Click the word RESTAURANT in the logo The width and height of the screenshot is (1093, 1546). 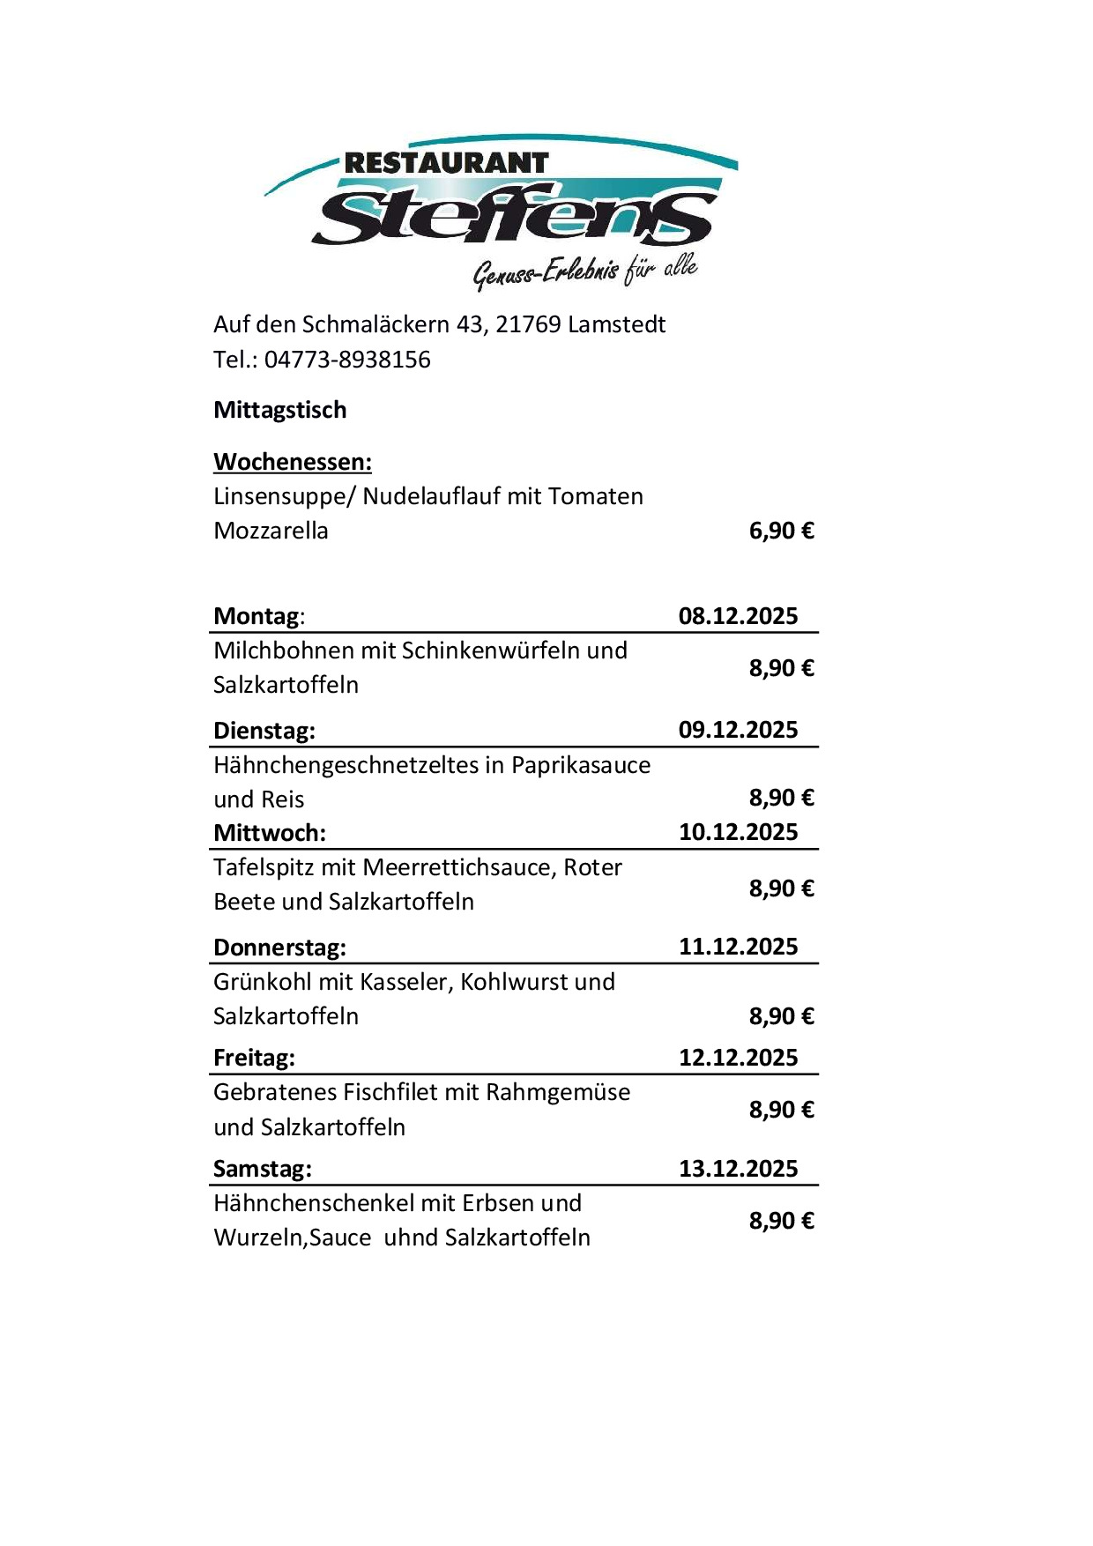446,163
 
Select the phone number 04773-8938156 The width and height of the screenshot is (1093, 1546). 347,360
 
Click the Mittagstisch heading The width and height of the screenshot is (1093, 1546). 280,410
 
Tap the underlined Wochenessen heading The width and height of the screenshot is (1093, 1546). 293,462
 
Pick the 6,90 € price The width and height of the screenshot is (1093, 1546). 781,531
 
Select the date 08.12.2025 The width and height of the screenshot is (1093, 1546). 738,615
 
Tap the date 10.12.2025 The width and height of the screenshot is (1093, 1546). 738,832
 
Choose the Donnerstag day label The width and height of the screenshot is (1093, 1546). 279,948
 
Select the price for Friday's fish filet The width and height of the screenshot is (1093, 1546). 781,1110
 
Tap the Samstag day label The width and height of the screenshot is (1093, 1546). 263,1169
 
